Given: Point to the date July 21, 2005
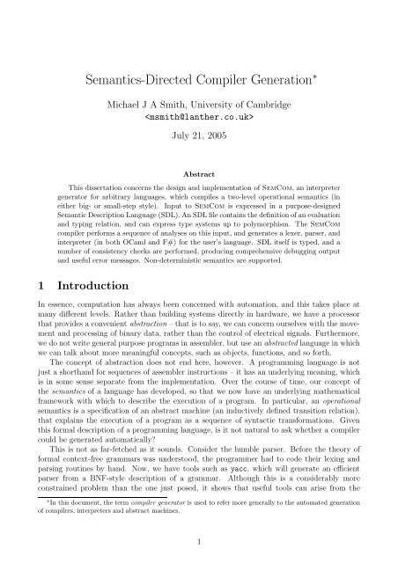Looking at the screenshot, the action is click(x=199, y=135).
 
